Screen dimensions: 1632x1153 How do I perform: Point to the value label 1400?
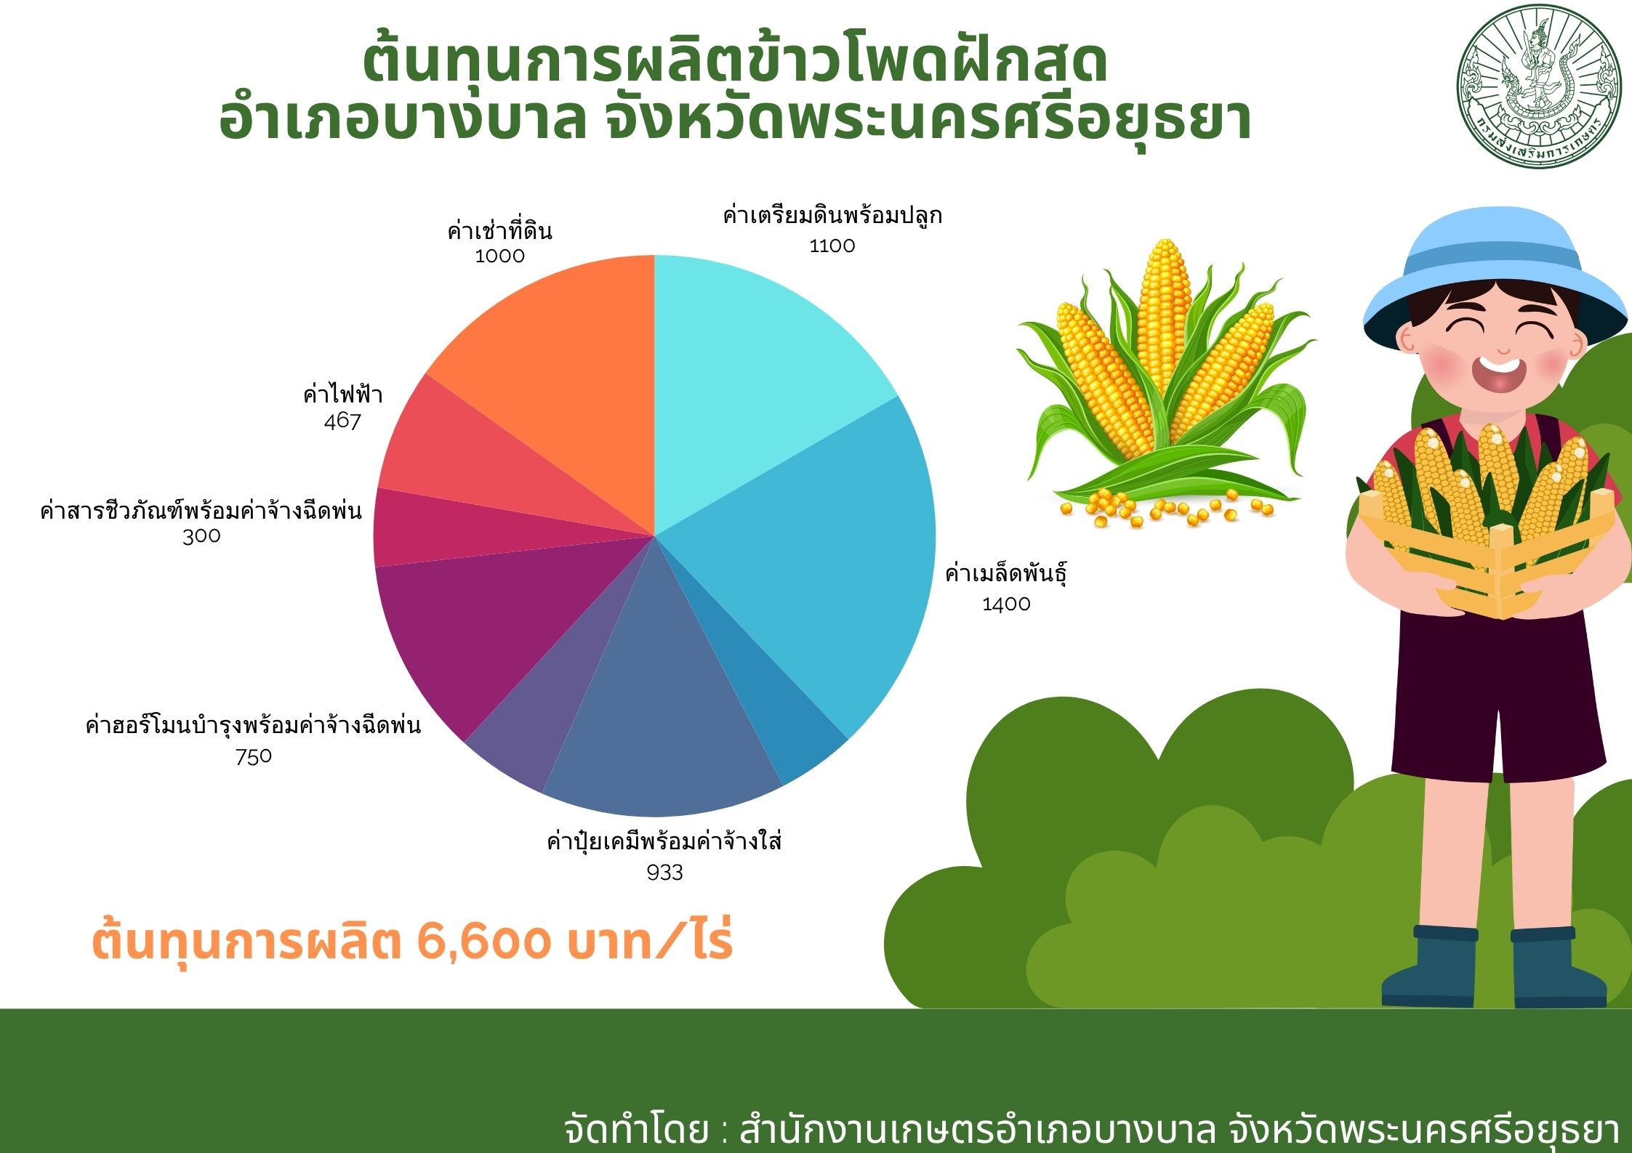[1006, 604]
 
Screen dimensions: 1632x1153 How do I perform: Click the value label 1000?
[499, 256]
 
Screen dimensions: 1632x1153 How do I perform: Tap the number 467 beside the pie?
[342, 421]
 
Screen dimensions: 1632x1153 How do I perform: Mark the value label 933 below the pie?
[664, 873]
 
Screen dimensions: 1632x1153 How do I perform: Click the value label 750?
[254, 756]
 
